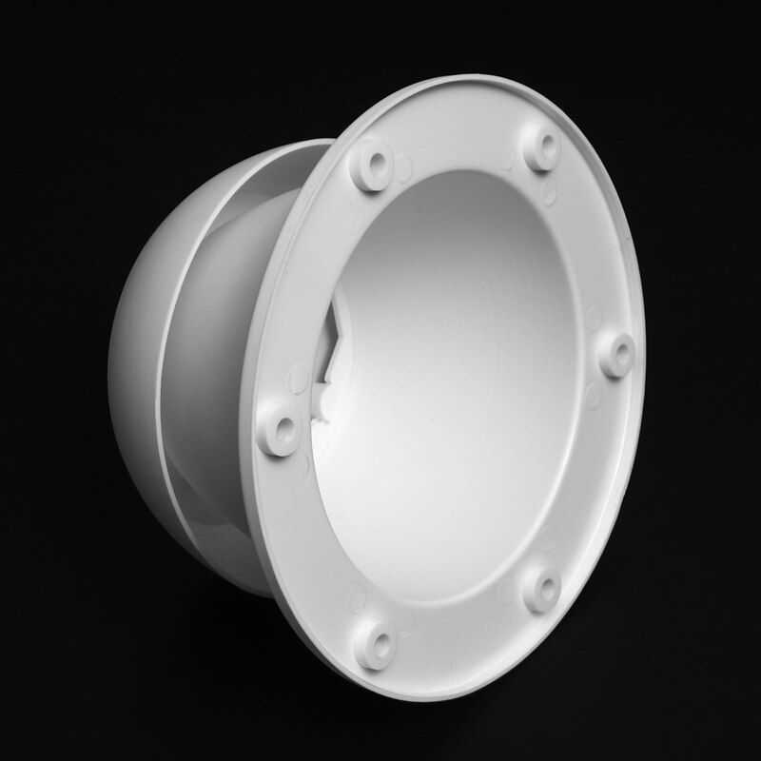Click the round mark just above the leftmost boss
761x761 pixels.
pyautogui.click(x=296, y=376)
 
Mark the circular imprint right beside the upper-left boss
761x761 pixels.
pyautogui.click(x=404, y=168)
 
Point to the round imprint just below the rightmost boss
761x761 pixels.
pyautogui.click(x=595, y=394)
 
